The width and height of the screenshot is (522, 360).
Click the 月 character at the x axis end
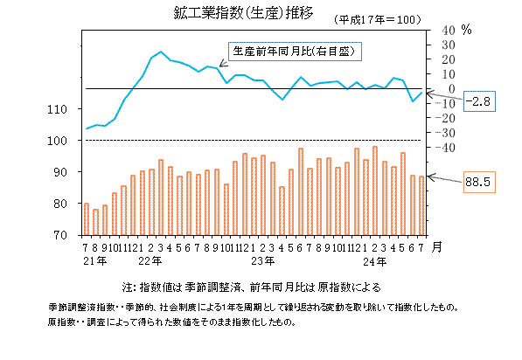pos(437,247)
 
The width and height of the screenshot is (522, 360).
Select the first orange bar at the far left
pos(86,218)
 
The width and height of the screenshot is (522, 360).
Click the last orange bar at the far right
pos(421,205)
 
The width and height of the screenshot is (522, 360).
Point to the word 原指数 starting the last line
pos(64,322)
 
